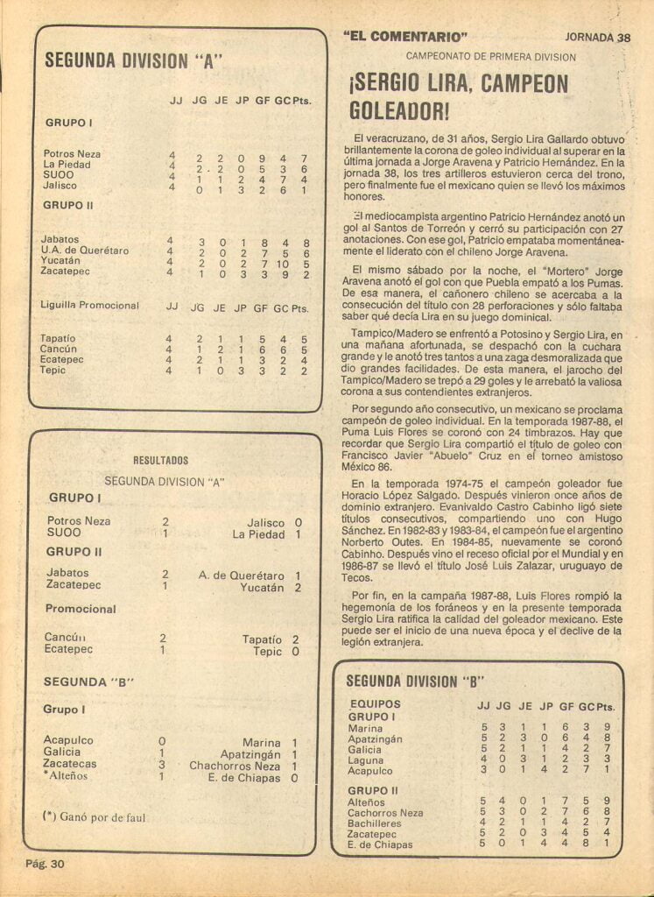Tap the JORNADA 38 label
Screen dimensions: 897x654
coord(598,38)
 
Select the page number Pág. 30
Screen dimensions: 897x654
coord(45,865)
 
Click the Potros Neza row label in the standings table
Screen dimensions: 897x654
coord(72,154)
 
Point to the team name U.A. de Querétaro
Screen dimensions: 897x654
coord(85,251)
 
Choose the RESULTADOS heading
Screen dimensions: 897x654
coord(160,460)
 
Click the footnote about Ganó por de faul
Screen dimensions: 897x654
coord(94,817)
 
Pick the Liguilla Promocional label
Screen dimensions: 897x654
coord(90,306)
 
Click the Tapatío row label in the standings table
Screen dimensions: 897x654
coord(58,338)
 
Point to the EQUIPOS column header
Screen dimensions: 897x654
coord(375,704)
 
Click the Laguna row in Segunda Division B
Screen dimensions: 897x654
coord(366,760)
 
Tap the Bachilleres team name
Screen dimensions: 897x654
coord(375,823)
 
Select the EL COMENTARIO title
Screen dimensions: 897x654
coord(406,37)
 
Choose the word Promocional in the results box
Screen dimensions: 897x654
coord(81,609)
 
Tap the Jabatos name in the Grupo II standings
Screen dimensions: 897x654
coord(60,239)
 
